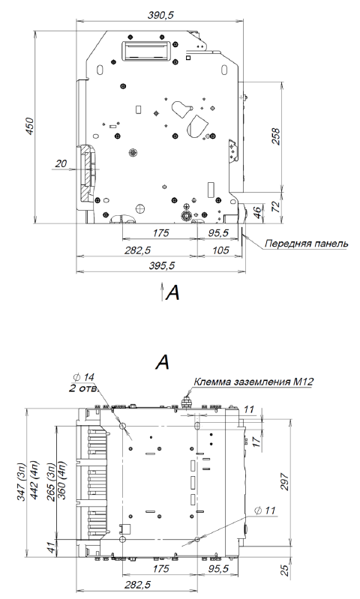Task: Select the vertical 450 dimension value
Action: pyautogui.click(x=29, y=126)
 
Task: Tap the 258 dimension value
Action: pyautogui.click(x=275, y=136)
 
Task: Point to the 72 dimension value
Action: pyautogui.click(x=275, y=206)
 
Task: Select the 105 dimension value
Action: pyautogui.click(x=220, y=250)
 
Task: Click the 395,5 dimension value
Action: pyautogui.click(x=161, y=265)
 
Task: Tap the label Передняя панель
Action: pyautogui.click(x=307, y=244)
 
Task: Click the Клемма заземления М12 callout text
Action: pyautogui.click(x=253, y=382)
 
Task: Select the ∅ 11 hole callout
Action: pyautogui.click(x=265, y=511)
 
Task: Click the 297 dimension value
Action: pyautogui.click(x=285, y=483)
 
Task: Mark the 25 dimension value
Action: pyautogui.click(x=285, y=571)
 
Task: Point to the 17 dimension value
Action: pyautogui.click(x=256, y=442)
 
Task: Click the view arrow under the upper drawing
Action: pyautogui.click(x=162, y=291)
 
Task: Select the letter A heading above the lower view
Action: pyautogui.click(x=163, y=363)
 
